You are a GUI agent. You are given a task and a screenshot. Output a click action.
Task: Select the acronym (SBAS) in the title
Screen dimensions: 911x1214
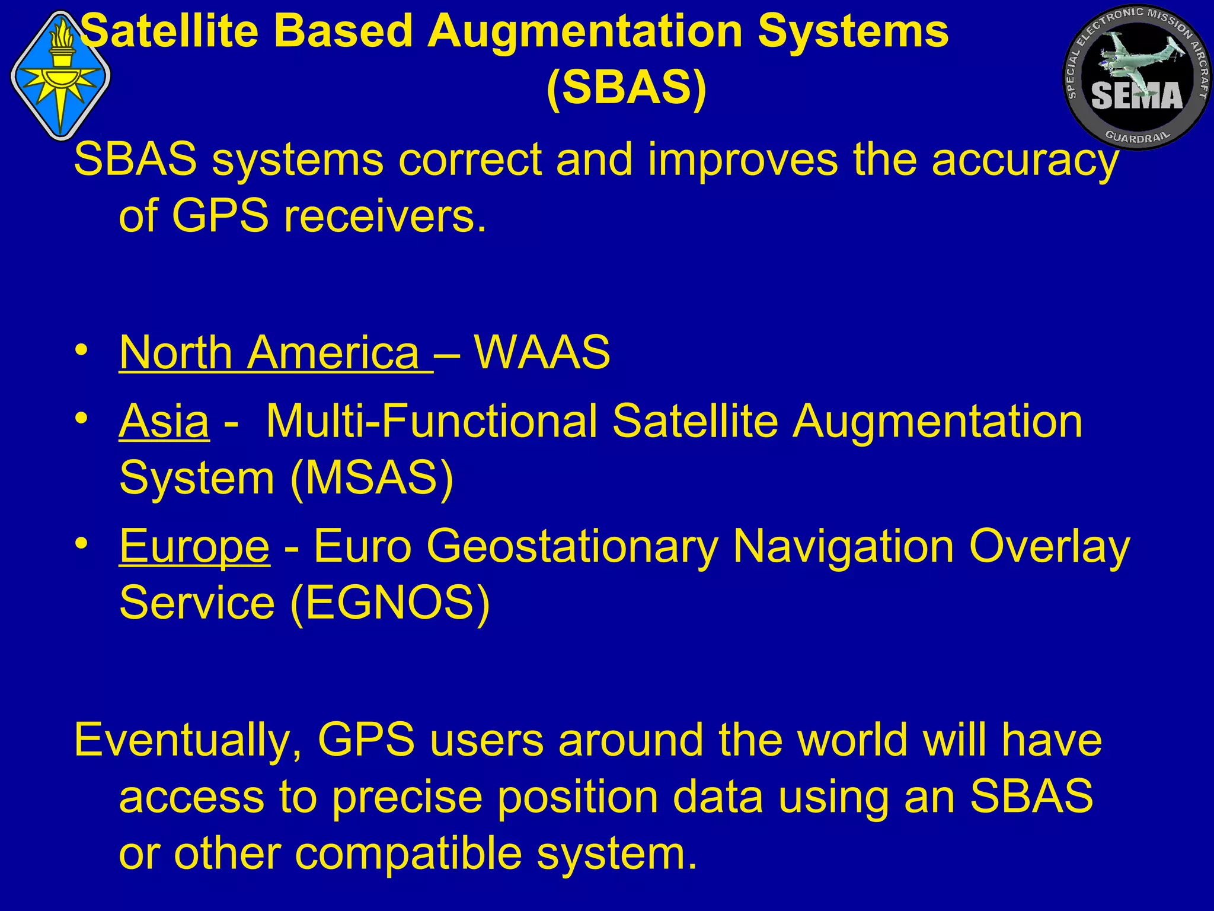tap(626, 88)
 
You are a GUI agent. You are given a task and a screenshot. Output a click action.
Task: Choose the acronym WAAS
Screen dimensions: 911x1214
tap(542, 352)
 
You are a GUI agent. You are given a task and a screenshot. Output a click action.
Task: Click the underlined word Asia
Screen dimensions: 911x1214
tap(164, 421)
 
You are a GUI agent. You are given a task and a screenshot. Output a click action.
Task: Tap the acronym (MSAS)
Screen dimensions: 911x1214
tap(372, 478)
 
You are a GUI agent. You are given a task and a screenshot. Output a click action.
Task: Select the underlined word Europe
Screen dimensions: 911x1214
tap(194, 546)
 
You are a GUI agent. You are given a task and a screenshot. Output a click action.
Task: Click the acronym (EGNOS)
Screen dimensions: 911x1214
tap(390, 603)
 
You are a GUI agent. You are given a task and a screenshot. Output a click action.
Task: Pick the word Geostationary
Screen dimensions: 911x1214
tap(571, 546)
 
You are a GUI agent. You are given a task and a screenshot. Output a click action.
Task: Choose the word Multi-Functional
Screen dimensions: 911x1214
tap(432, 421)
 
